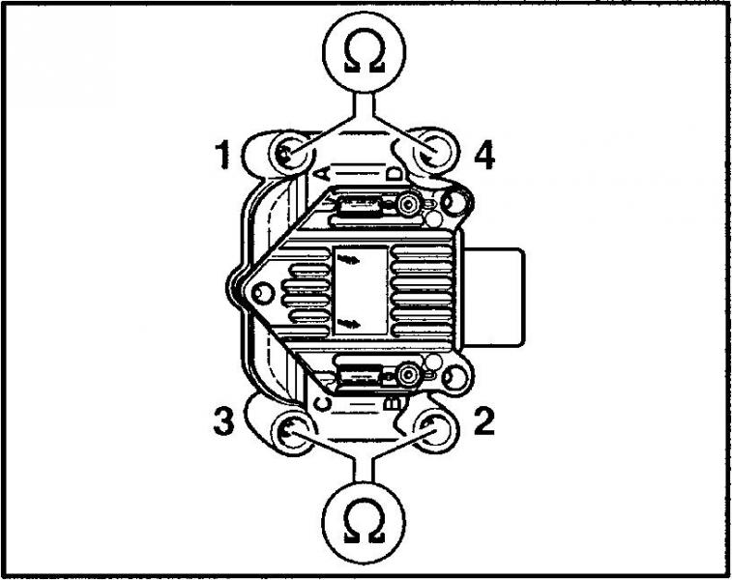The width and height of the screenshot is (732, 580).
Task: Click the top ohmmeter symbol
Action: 365,51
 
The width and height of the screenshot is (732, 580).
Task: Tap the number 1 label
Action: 222,155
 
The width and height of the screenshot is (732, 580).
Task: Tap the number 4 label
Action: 484,155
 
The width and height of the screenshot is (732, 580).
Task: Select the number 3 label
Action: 223,421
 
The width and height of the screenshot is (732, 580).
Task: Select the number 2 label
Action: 484,421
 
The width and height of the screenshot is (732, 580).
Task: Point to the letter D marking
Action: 395,173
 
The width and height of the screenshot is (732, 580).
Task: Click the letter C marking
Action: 324,404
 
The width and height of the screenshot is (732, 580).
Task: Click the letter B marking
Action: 395,403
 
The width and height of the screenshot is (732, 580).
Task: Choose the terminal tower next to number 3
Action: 293,432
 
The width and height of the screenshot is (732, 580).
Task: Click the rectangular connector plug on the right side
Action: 493,298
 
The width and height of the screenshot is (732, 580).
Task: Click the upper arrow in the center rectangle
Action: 348,259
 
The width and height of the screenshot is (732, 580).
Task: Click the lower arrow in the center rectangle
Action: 348,323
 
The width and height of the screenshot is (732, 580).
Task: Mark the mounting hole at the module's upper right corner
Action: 454,202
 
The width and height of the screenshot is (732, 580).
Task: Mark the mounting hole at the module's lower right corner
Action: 454,376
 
